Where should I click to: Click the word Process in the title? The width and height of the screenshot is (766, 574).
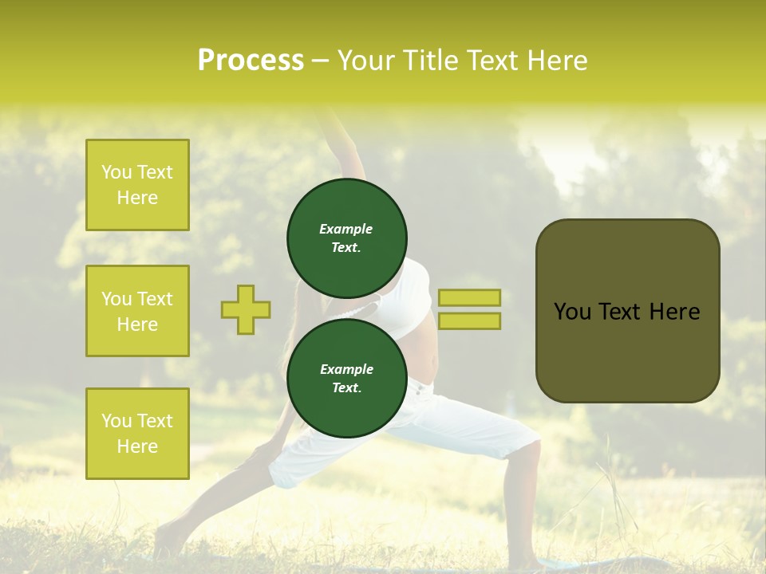[251, 61]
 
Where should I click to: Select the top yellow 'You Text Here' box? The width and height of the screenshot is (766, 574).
[137, 185]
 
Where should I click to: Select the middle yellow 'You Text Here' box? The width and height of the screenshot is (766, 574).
[137, 311]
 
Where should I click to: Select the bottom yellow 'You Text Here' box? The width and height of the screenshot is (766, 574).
[137, 433]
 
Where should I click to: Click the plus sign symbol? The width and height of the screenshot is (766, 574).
[246, 309]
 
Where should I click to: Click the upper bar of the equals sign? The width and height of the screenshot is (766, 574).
[469, 297]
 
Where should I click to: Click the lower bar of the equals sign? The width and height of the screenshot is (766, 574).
[469, 320]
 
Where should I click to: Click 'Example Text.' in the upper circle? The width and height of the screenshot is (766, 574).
[346, 238]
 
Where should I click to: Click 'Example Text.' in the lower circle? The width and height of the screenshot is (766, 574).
[346, 379]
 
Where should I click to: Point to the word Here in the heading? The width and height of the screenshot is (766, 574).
[556, 61]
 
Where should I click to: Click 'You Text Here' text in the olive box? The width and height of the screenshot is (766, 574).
[627, 312]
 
